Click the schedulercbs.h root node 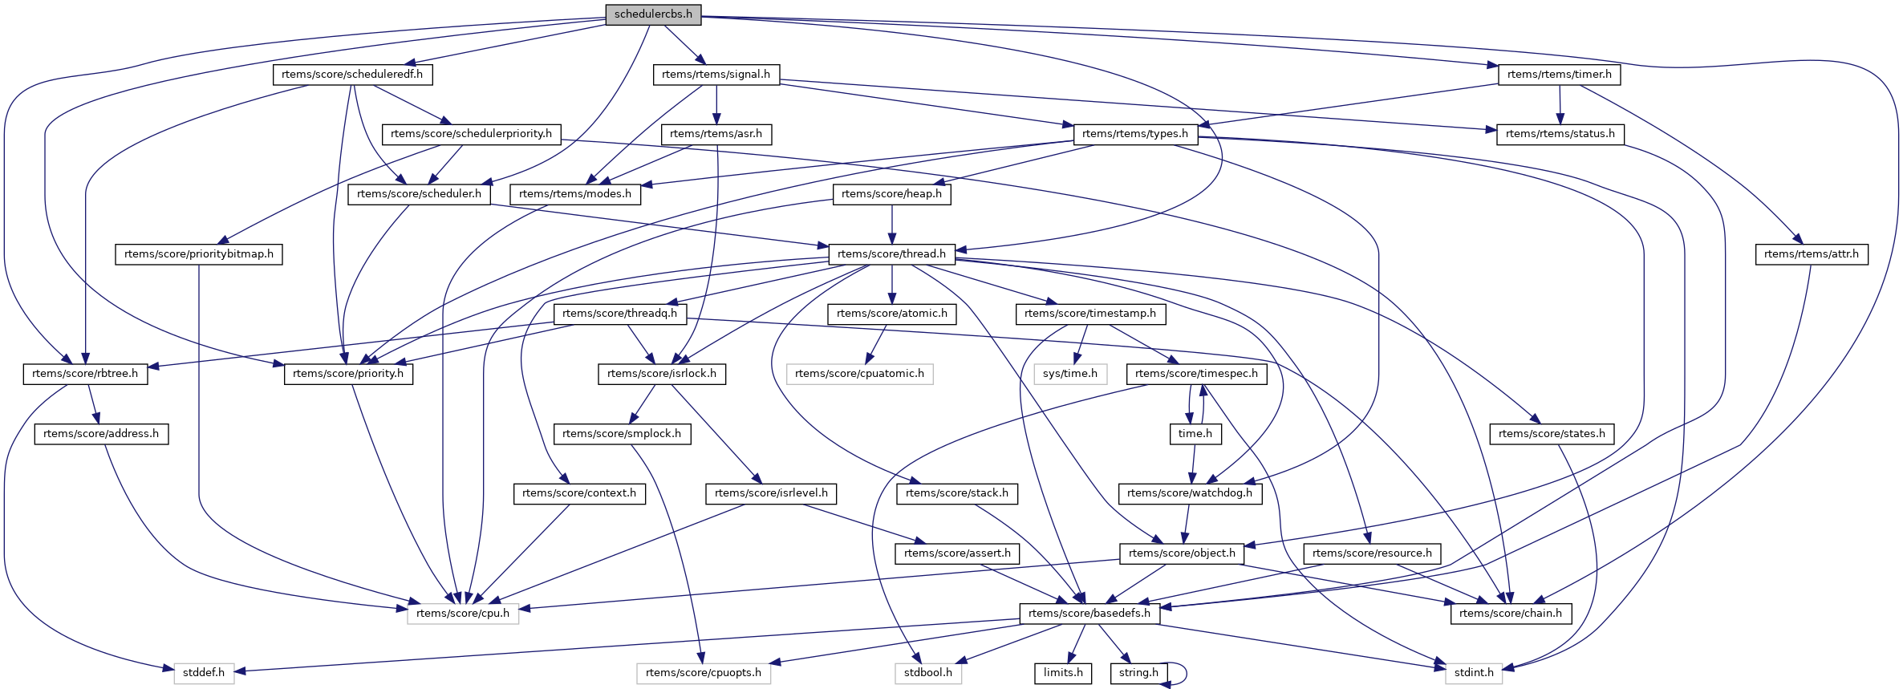click(653, 14)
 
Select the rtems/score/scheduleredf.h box click(352, 75)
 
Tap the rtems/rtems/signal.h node click(716, 75)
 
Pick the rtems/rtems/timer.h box click(1559, 75)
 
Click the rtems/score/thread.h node click(891, 254)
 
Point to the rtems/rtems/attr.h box click(1811, 254)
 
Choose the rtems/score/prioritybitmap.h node click(199, 254)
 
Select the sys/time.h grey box click(1070, 374)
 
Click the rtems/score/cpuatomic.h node click(859, 374)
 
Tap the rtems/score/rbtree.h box click(85, 374)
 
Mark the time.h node click(1195, 434)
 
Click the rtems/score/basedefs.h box click(1089, 614)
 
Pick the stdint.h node click(1474, 673)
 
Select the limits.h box click(1063, 673)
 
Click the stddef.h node click(204, 673)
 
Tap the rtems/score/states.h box click(1552, 434)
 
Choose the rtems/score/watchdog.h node click(1189, 493)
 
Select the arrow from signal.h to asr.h click(716, 104)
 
